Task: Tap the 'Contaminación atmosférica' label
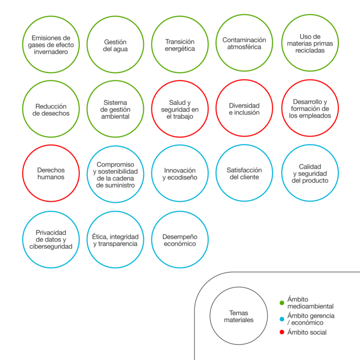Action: [x=244, y=43]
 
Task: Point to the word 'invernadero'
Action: [x=51, y=52]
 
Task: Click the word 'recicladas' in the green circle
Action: [x=310, y=50]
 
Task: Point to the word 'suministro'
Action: [x=121, y=185]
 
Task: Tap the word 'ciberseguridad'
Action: [x=51, y=247]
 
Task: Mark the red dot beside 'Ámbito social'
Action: [x=282, y=332]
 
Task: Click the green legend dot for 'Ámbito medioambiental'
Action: [x=282, y=303]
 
